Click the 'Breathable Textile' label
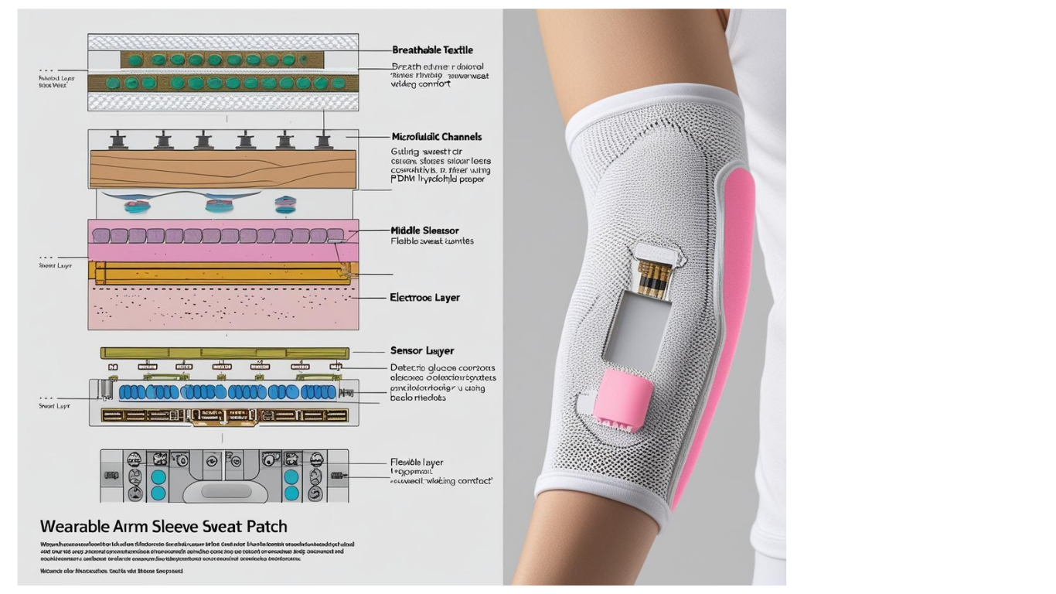pos(432,50)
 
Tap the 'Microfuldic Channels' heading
pos(436,137)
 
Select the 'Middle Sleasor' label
pos(424,230)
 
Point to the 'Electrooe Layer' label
pos(424,297)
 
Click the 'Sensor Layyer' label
pos(422,351)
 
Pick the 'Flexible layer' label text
pos(417,463)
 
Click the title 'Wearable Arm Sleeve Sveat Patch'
pos(163,527)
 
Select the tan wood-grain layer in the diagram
pos(223,169)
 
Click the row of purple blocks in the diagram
pos(216,235)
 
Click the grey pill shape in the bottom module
pos(226,491)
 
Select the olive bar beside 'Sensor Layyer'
pos(224,353)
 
